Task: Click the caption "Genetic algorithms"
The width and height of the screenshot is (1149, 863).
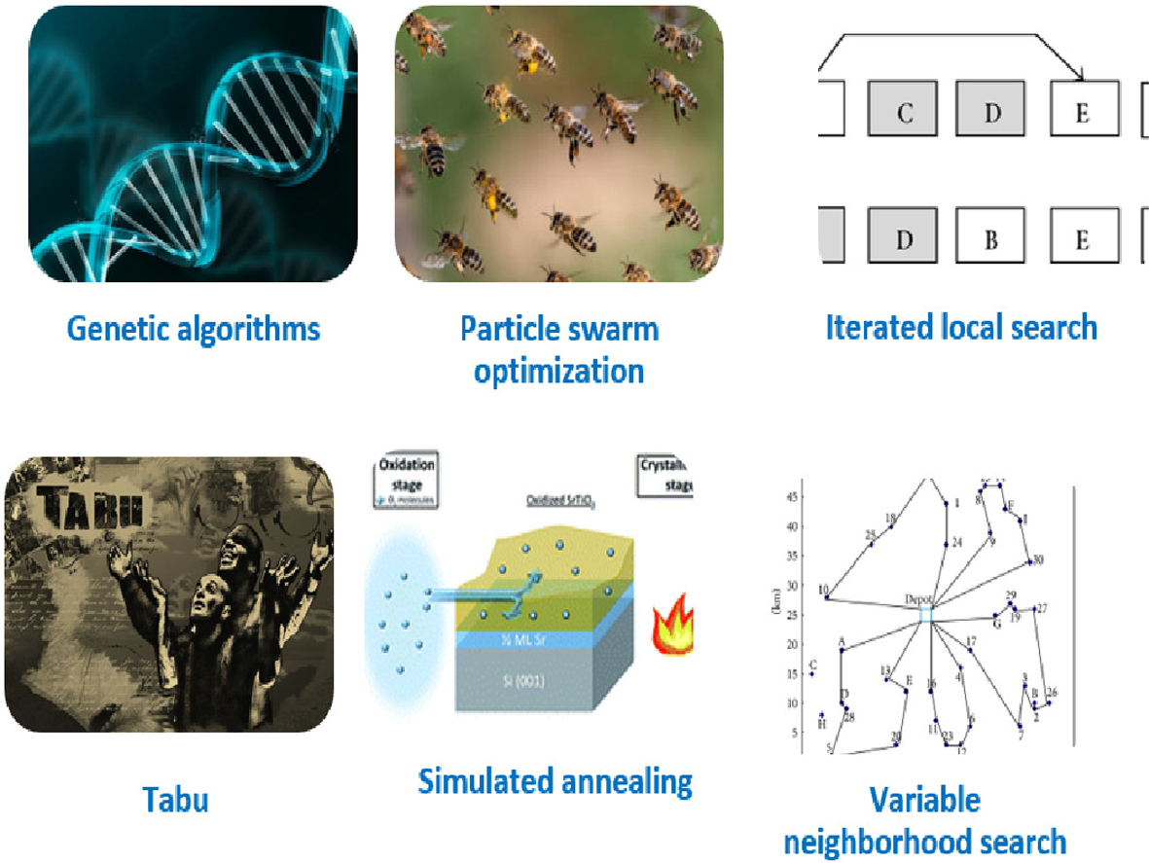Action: tap(193, 329)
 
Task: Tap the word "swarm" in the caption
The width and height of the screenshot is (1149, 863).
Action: tap(617, 329)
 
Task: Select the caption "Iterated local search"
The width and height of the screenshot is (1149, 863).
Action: tap(961, 327)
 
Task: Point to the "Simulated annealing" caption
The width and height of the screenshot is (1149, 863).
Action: tap(555, 780)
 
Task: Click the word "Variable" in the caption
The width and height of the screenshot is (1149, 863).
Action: tap(925, 801)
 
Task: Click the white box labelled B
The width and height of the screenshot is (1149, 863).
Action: tap(991, 238)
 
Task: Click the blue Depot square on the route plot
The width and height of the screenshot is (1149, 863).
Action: tap(925, 615)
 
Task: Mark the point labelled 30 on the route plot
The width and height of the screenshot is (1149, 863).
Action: tap(1029, 561)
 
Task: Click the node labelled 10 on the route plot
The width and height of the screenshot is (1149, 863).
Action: tap(826, 596)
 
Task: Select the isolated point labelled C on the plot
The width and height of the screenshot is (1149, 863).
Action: tap(811, 672)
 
